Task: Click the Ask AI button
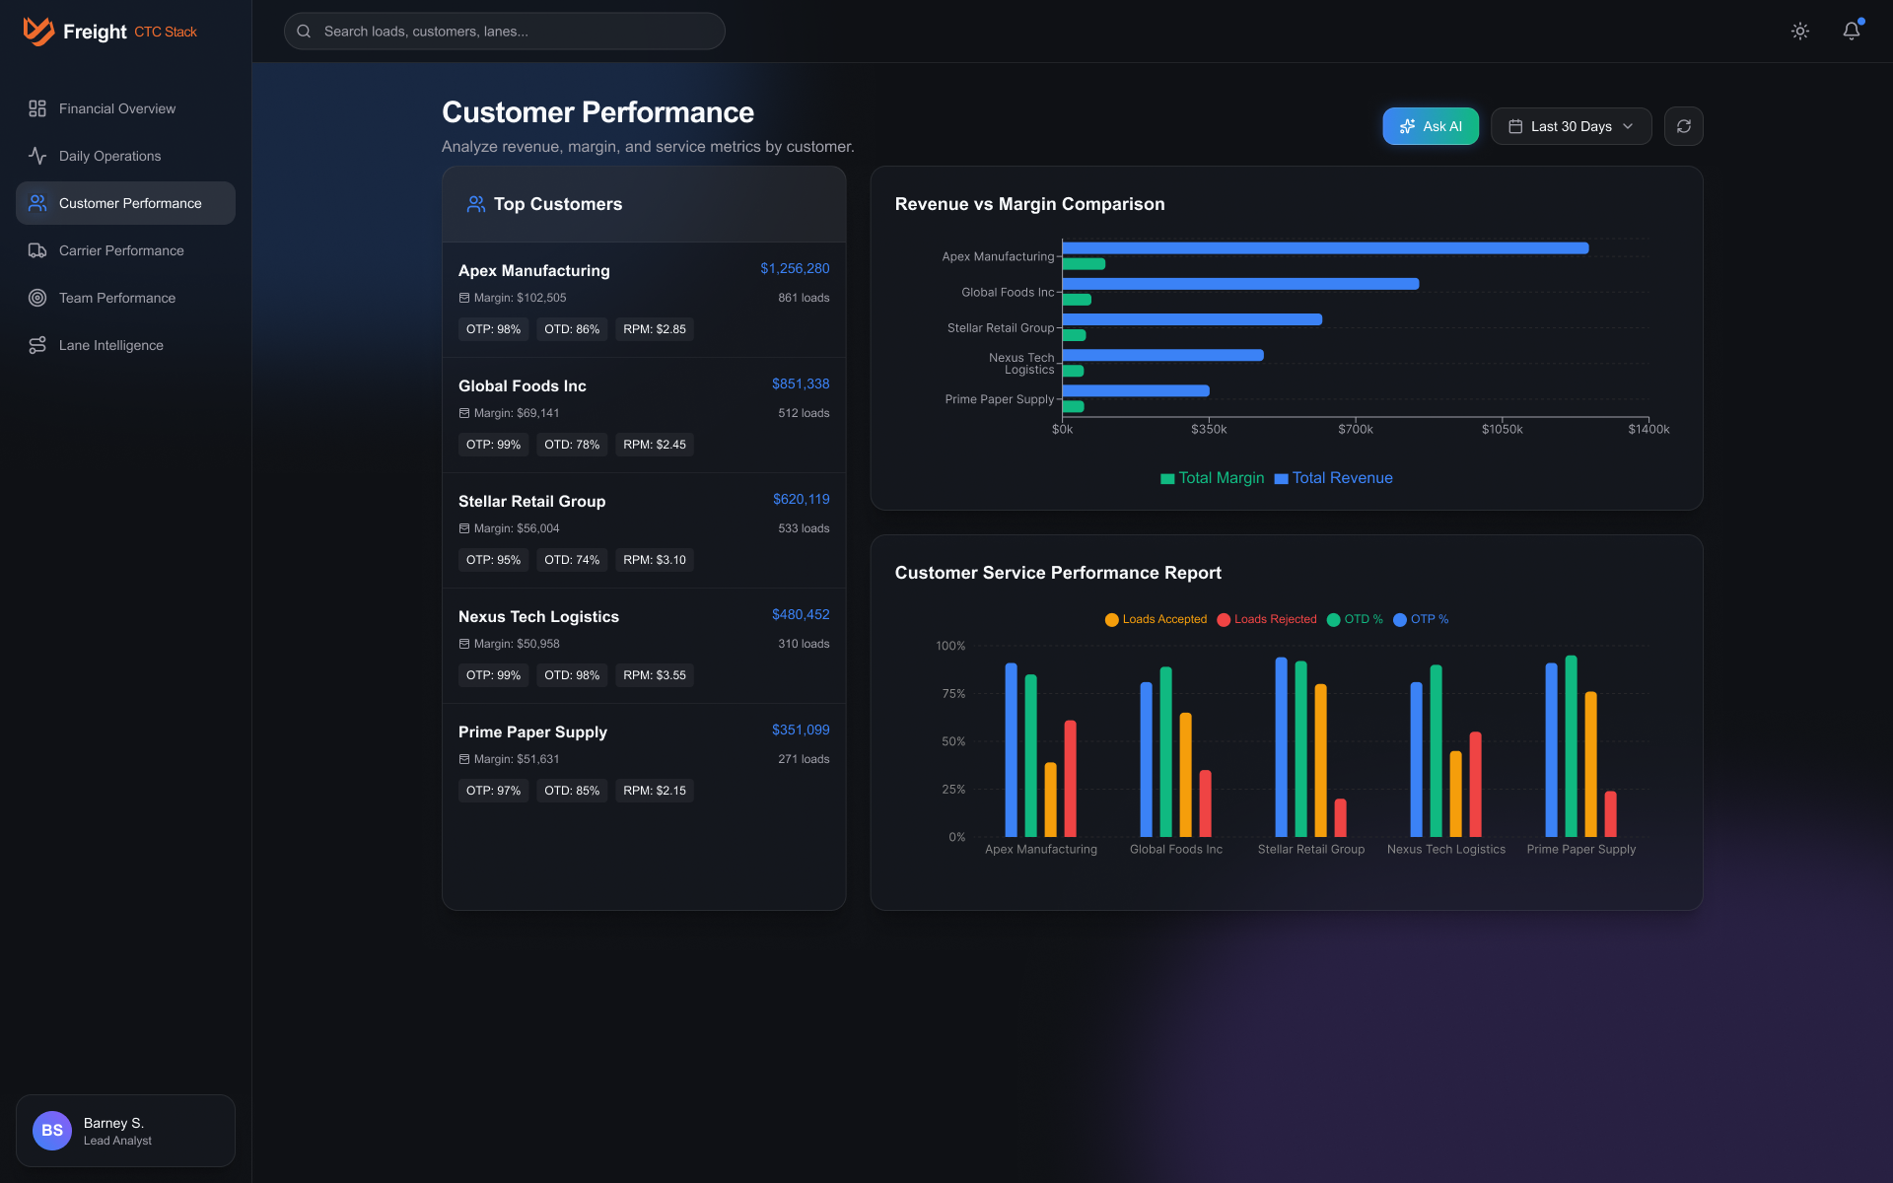coord(1430,126)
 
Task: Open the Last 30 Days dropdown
coord(1571,126)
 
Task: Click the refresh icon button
coord(1683,126)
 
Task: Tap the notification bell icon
coord(1851,32)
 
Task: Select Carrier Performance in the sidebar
coord(121,250)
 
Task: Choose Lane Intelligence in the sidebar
coord(111,345)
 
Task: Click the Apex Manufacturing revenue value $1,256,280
coord(794,268)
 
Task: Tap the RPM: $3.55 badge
coord(654,675)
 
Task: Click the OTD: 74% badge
coord(571,560)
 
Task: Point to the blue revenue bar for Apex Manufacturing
coord(1324,248)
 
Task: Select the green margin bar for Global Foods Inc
coord(1077,300)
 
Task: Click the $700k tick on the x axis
coord(1355,429)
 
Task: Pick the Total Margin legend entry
coord(1212,478)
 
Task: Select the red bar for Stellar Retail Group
coord(1340,817)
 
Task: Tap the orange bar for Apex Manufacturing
coord(1050,800)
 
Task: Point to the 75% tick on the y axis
coord(952,694)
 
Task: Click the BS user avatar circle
coord(52,1131)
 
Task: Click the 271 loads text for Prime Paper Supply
coord(803,759)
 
